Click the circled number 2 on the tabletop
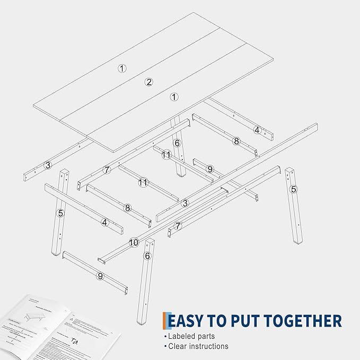149,82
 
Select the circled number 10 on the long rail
134,242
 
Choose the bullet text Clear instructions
198,346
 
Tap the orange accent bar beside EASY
165,321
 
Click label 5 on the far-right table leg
293,189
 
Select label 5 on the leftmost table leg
61,213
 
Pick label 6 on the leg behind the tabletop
177,143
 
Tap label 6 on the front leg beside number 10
147,256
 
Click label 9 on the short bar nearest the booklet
100,276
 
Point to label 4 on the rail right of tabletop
257,130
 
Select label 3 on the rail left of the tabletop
48,165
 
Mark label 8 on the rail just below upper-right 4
236,141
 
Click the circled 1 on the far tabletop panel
122,68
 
